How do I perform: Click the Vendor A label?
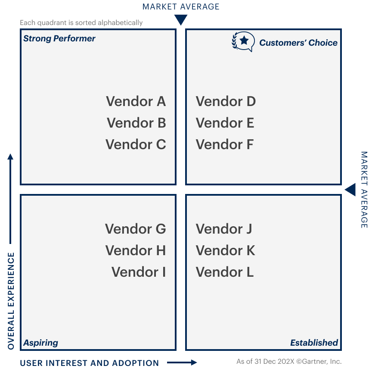136,101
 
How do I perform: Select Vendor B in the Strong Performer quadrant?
136,123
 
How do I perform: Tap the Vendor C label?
136,144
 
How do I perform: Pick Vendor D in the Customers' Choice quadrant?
226,101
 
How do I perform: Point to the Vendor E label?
225,123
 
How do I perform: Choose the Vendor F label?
224,144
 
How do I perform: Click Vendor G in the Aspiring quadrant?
135,229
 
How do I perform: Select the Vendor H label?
135,250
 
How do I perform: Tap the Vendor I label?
138,272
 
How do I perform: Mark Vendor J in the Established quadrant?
223,229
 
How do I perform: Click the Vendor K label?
225,250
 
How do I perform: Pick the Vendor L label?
224,272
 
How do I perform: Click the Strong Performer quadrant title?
59,38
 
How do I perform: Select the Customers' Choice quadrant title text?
298,43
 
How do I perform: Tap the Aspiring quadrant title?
40,343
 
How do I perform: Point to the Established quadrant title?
314,343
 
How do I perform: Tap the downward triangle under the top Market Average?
181,20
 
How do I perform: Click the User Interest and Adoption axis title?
89,363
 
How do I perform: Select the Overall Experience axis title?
11,301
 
